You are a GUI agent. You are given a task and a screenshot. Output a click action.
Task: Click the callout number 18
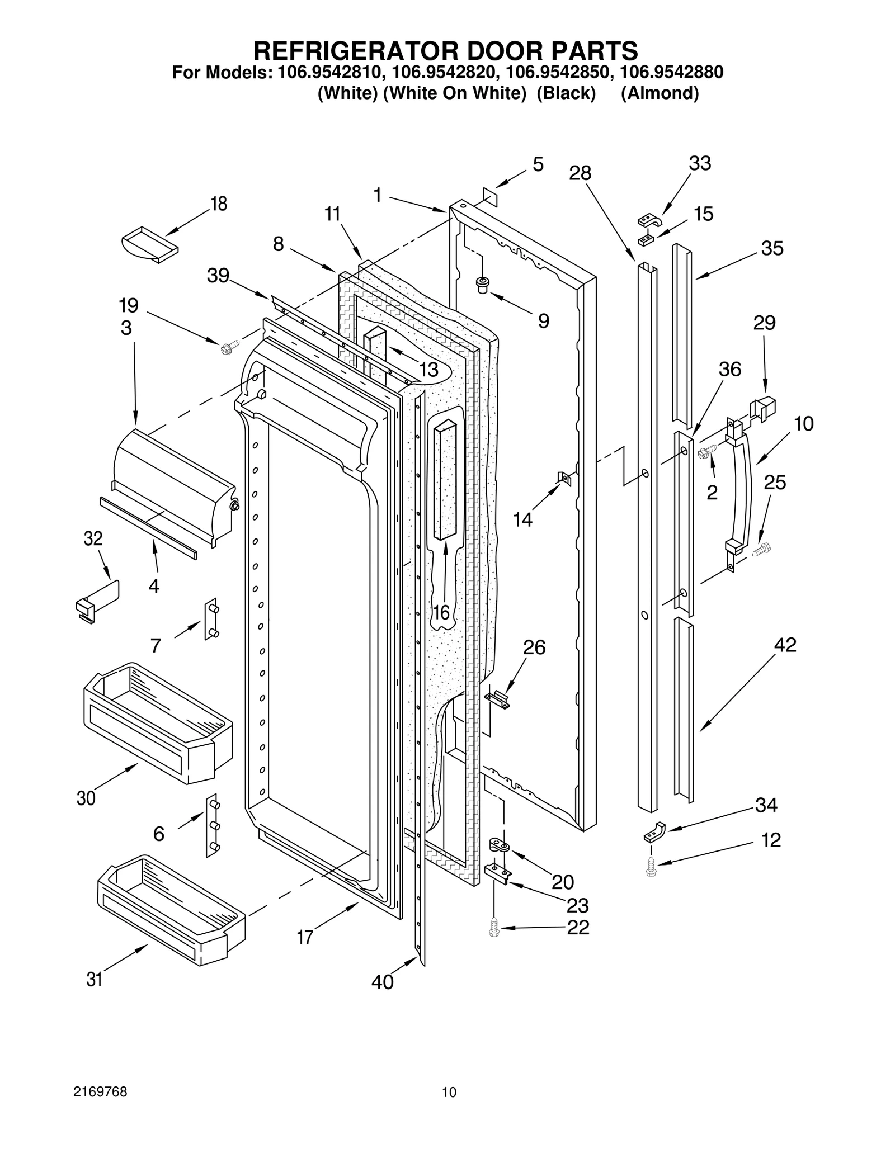[218, 204]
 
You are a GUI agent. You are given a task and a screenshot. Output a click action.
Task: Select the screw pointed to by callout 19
[229, 347]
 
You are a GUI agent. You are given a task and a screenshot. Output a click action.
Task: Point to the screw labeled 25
[761, 550]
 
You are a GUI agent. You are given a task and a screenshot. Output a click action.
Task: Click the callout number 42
[785, 645]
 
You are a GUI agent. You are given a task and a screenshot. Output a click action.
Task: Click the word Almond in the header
[660, 93]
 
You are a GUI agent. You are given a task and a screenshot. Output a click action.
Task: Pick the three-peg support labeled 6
[213, 825]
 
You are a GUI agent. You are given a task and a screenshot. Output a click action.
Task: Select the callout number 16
[441, 613]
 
